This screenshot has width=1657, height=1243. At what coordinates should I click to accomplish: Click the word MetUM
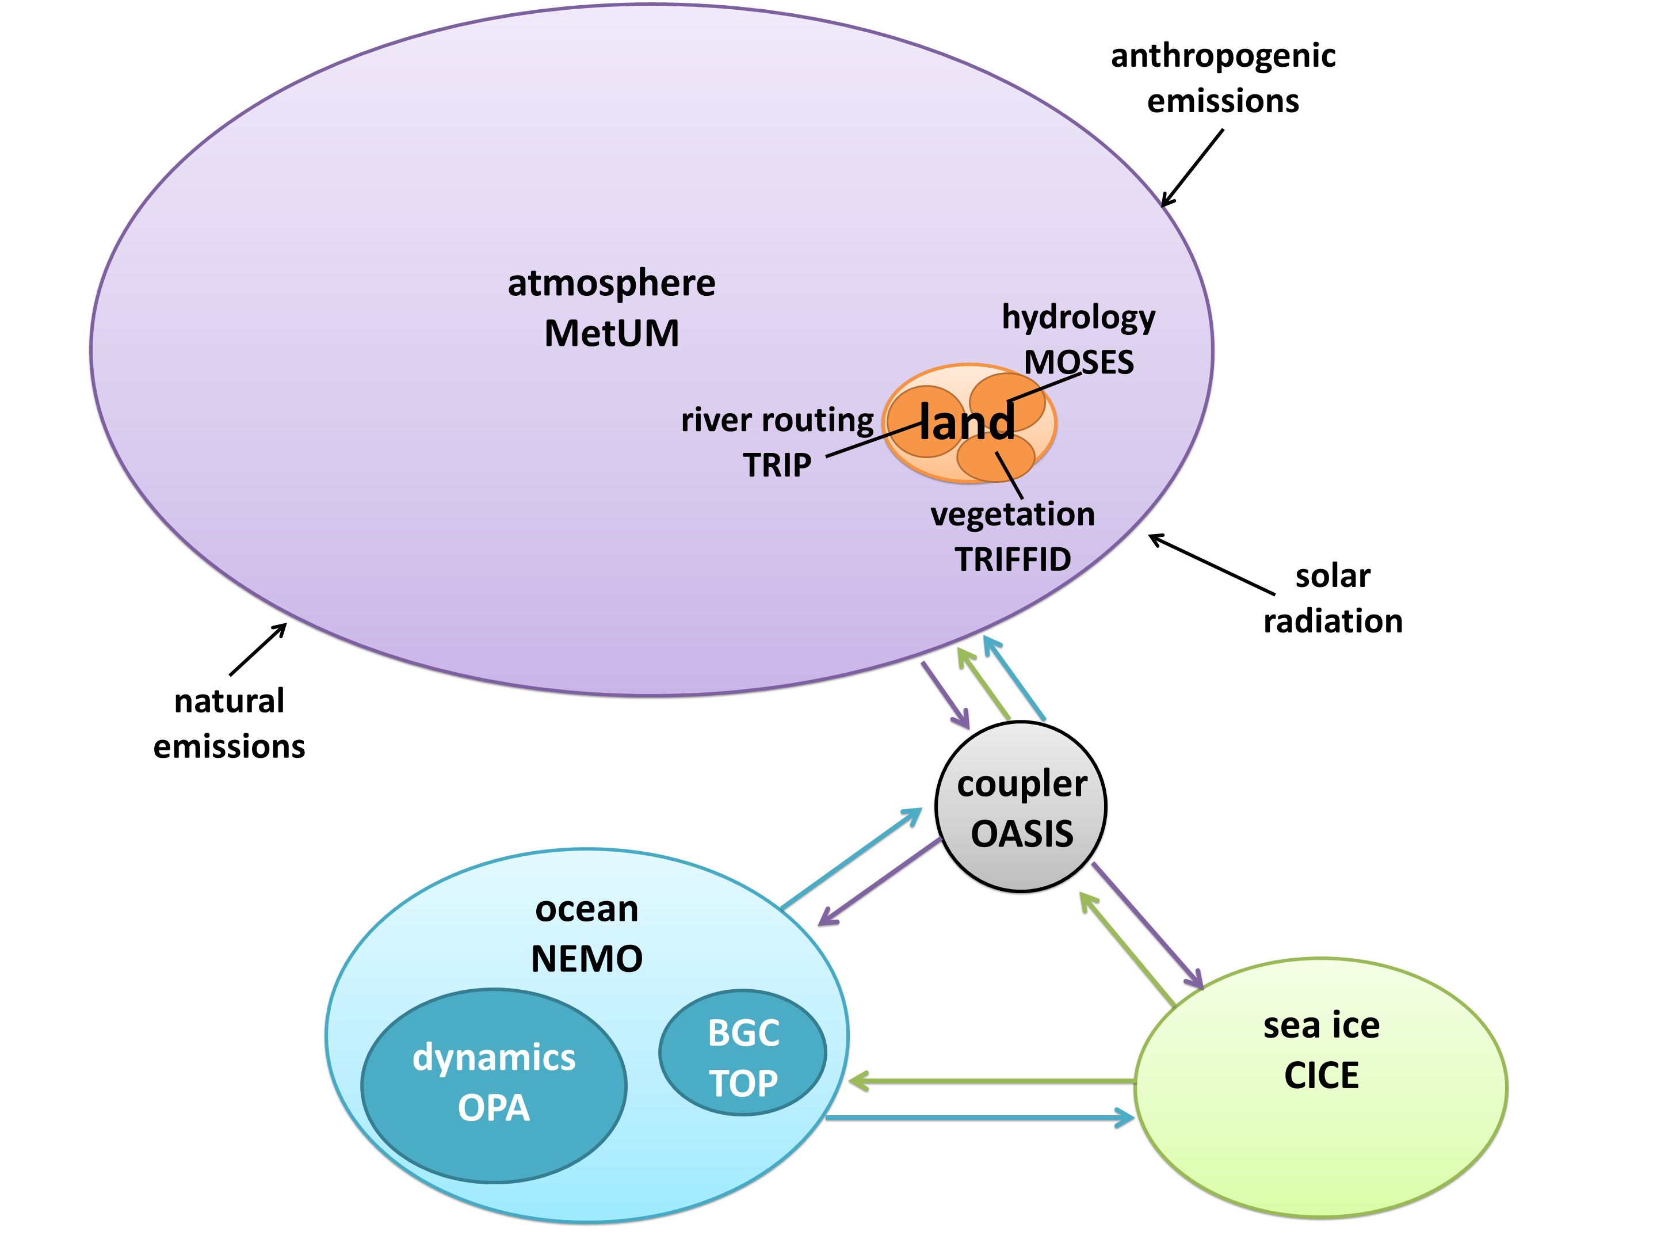tap(611, 333)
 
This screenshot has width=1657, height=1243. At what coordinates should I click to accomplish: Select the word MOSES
tap(1079, 363)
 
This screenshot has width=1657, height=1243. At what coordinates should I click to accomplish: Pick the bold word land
tap(967, 422)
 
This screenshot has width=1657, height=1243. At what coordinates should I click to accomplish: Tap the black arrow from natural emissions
tap(258, 649)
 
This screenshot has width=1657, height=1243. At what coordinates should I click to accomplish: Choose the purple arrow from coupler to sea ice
tap(1147, 925)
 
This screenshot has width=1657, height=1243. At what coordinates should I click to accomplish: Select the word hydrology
tap(1079, 318)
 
